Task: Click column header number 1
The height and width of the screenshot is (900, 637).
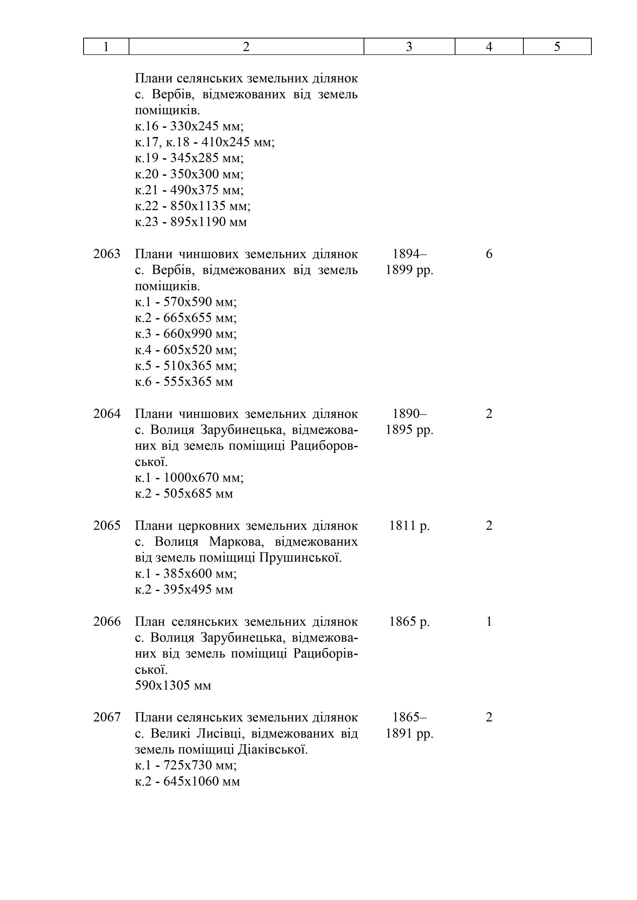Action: tap(106, 47)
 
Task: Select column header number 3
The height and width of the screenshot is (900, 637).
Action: tap(409, 47)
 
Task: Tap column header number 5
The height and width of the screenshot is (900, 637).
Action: tap(557, 47)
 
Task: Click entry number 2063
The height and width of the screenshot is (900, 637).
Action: tap(107, 254)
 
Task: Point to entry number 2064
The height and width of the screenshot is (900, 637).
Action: tap(107, 414)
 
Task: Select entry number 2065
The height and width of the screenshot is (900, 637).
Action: tap(107, 526)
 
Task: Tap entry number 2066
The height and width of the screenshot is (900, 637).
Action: tap(107, 622)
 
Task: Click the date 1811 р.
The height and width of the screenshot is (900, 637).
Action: tap(409, 526)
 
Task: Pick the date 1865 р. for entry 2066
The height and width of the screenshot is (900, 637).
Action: tap(409, 622)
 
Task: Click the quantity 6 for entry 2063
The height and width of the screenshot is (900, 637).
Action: tap(489, 254)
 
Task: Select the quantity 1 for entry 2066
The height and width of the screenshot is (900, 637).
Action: tap(489, 622)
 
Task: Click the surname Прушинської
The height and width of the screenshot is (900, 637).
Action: tap(300, 557)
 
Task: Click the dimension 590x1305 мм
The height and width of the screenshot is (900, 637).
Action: tap(173, 686)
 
